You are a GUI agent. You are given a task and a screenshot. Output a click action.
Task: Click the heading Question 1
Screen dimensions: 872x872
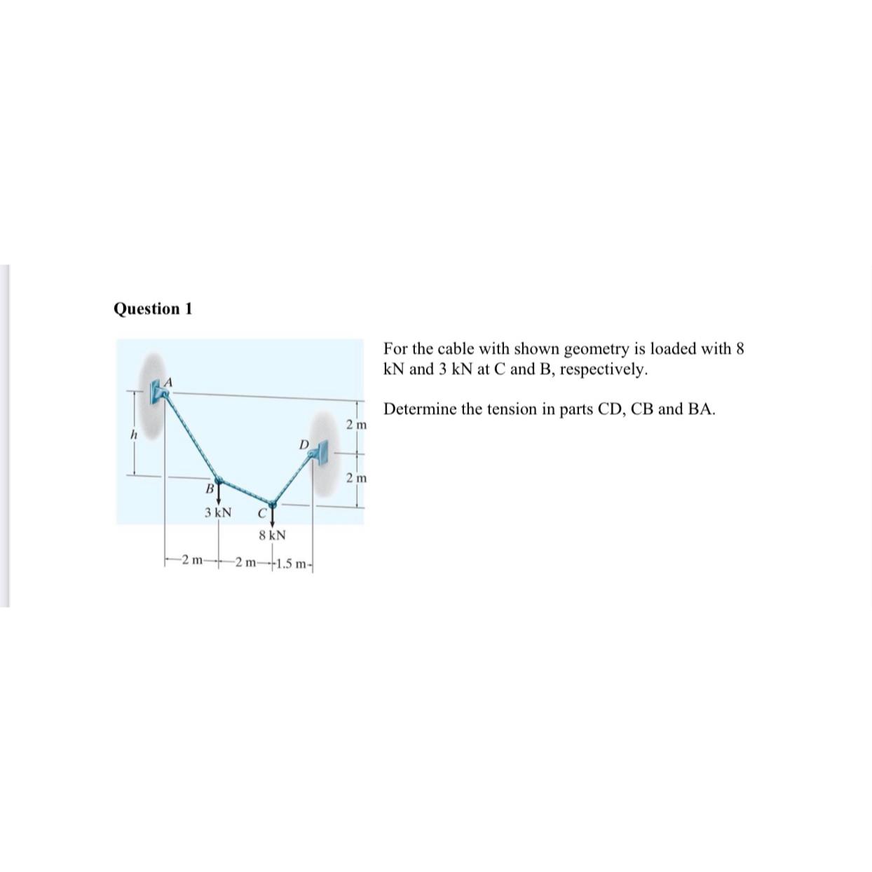(x=153, y=309)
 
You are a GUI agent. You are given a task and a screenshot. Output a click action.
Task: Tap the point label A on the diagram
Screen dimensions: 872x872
(x=169, y=382)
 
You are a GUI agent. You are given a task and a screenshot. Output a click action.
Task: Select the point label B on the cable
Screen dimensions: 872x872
(x=208, y=487)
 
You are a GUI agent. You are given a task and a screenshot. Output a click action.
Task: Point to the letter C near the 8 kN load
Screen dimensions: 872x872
(x=261, y=513)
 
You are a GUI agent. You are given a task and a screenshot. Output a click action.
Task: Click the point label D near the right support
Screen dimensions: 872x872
(x=303, y=444)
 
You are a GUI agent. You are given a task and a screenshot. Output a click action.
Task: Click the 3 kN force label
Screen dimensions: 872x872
(x=218, y=512)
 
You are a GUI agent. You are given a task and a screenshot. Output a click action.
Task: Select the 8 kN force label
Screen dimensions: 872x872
(x=272, y=536)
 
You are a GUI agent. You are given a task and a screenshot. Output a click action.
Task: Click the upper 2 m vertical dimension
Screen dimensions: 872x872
(x=356, y=425)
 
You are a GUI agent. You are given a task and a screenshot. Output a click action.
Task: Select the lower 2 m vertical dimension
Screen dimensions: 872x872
(x=356, y=479)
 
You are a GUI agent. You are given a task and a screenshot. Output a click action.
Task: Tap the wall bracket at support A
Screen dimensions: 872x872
(x=156, y=393)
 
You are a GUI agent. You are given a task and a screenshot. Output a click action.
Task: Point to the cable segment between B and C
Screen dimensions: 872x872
(x=245, y=492)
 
